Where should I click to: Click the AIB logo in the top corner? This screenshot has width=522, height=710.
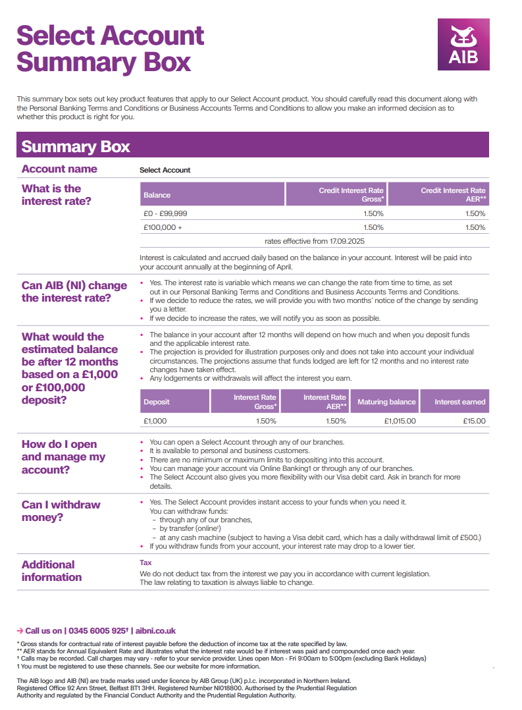pyautogui.click(x=463, y=44)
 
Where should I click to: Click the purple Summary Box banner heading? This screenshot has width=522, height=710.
pyautogui.click(x=76, y=146)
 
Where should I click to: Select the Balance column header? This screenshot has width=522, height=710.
pyautogui.click(x=157, y=195)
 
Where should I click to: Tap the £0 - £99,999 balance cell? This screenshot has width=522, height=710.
pyautogui.click(x=165, y=213)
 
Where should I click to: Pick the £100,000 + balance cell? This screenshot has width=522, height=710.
pyautogui.click(x=163, y=227)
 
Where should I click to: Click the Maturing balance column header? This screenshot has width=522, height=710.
pyautogui.click(x=386, y=402)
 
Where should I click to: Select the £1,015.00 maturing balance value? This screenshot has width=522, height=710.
pyautogui.click(x=400, y=421)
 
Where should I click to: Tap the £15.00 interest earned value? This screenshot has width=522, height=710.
pyautogui.click(x=474, y=421)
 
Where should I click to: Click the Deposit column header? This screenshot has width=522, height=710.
pyautogui.click(x=157, y=402)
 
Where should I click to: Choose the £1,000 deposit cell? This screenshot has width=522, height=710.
pyautogui.click(x=155, y=421)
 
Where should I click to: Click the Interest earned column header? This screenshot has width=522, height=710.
pyautogui.click(x=459, y=402)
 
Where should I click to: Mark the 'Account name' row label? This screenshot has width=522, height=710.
pyautogui.click(x=59, y=169)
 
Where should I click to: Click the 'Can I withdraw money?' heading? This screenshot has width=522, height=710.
pyautogui.click(x=61, y=511)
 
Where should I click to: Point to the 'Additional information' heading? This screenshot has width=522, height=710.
pyautogui.click(x=51, y=571)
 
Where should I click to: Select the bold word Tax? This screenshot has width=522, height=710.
pyautogui.click(x=145, y=563)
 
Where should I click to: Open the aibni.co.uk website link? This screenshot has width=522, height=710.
pyautogui.click(x=155, y=631)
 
